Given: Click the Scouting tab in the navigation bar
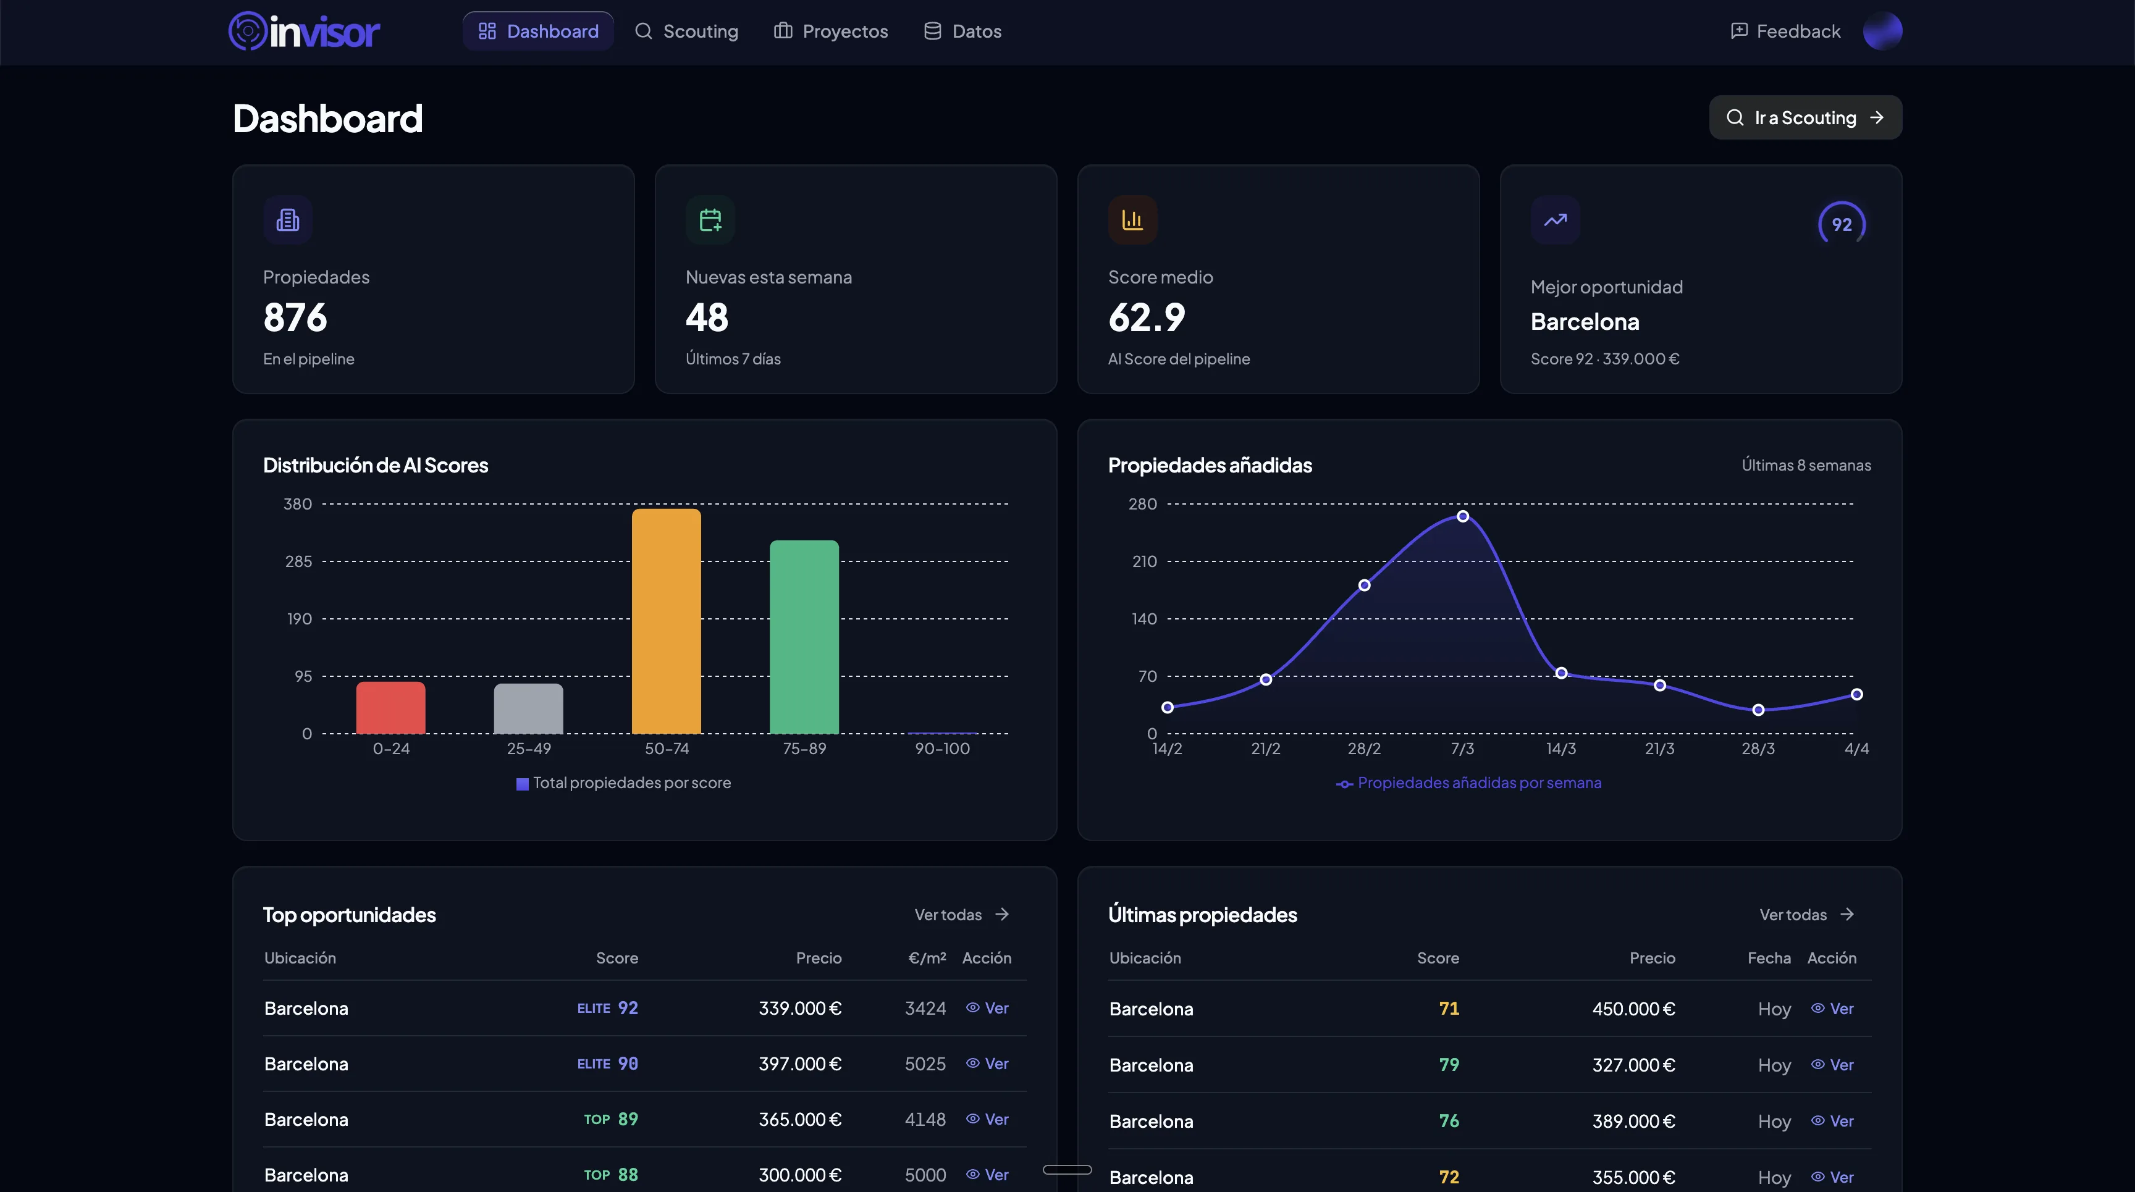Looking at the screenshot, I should (x=686, y=31).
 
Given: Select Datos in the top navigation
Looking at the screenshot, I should (x=962, y=31).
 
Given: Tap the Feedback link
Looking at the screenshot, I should (x=1785, y=31).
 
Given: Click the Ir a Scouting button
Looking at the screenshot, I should (x=1804, y=117).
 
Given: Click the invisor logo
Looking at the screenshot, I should (x=304, y=31).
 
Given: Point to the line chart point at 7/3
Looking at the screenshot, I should (x=1462, y=516).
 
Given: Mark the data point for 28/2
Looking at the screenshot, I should (x=1363, y=586).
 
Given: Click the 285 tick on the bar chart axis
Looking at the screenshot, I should (x=298, y=561).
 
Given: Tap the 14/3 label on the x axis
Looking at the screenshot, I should (x=1560, y=749).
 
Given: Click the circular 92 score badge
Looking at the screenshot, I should (x=1841, y=224).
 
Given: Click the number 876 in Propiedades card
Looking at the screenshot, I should (x=295, y=317).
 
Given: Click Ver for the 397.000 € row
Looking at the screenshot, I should (x=987, y=1064).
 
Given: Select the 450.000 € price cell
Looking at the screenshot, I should (x=1633, y=1009).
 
